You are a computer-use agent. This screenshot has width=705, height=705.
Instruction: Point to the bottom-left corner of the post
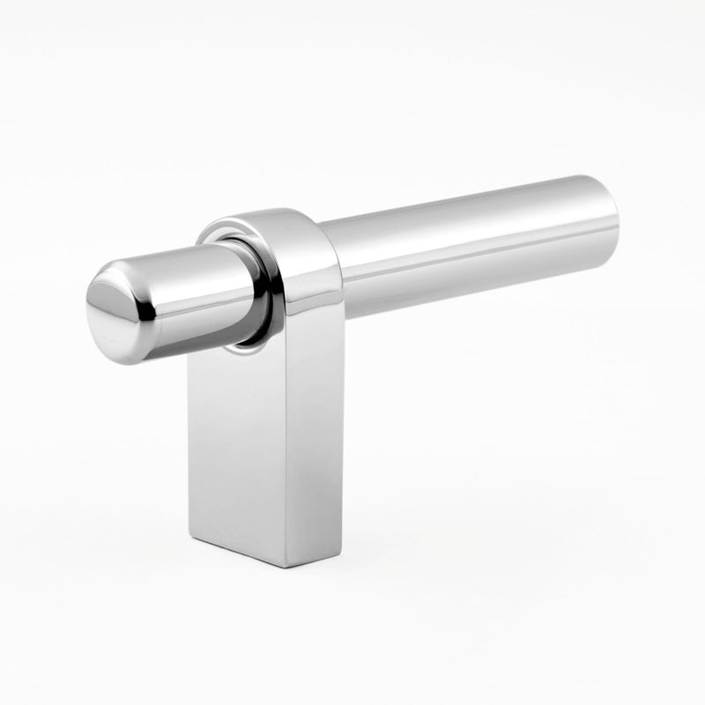click(x=190, y=534)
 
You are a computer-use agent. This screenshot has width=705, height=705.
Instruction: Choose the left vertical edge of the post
click(x=189, y=441)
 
